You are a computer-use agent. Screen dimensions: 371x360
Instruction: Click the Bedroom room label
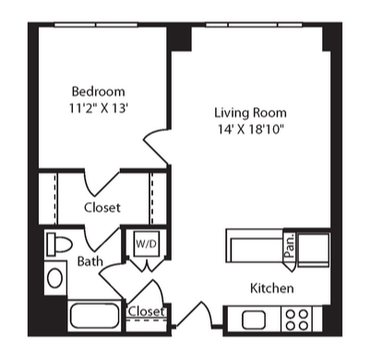pos(98,91)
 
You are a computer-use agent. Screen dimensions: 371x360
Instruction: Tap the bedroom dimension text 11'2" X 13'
pos(98,108)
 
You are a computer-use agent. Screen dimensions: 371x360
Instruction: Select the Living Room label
pos(250,113)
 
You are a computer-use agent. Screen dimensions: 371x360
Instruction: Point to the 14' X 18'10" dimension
pos(250,129)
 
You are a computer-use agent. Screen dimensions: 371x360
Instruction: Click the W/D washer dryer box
pos(147,244)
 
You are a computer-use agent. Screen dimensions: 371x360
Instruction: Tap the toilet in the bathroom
pos(59,245)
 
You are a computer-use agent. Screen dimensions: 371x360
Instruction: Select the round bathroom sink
pos(55,278)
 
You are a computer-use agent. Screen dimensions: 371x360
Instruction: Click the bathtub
pos(94,316)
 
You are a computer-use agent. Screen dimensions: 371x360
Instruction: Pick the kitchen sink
pos(254,319)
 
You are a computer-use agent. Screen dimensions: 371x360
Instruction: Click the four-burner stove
pos(297,319)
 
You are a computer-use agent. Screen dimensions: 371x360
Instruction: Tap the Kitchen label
pos(271,288)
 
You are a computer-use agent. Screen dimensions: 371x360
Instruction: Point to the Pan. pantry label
pos(290,246)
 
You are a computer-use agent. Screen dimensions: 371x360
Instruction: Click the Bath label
pos(90,261)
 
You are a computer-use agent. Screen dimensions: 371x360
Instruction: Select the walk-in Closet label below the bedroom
pos(102,208)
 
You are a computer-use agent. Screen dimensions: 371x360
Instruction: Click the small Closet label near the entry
pos(147,311)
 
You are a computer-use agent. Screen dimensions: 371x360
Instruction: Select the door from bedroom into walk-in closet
pos(102,183)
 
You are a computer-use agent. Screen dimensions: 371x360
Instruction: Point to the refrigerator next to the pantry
pos(314,248)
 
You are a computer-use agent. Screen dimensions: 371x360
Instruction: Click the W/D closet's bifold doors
pos(147,265)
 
